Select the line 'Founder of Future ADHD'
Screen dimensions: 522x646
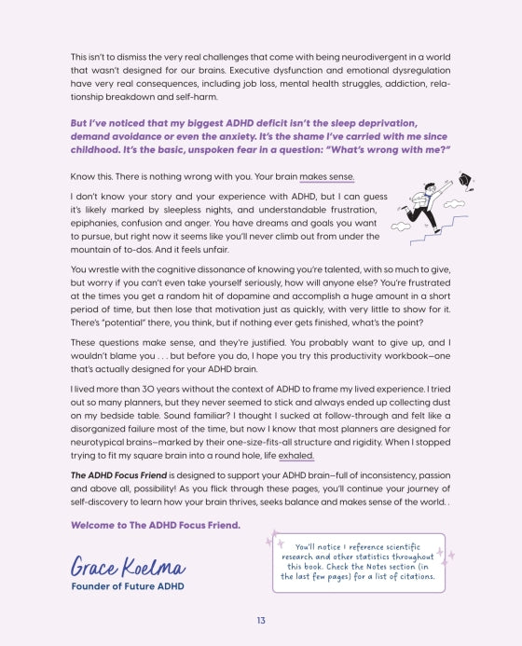(x=128, y=585)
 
